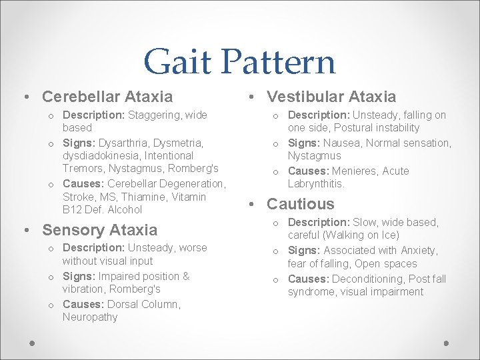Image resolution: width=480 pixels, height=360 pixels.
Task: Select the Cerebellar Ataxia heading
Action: click(107, 97)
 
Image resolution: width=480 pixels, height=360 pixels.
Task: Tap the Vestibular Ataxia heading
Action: click(331, 97)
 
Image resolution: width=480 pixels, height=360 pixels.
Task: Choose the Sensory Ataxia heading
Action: click(100, 230)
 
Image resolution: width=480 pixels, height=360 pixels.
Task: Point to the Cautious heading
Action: click(301, 204)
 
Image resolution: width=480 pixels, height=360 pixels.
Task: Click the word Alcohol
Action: click(125, 209)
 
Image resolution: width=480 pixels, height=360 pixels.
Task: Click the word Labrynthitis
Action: click(316, 183)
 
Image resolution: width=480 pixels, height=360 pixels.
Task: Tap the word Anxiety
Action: click(418, 251)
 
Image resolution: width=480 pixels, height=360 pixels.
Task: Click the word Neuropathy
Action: click(90, 317)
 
